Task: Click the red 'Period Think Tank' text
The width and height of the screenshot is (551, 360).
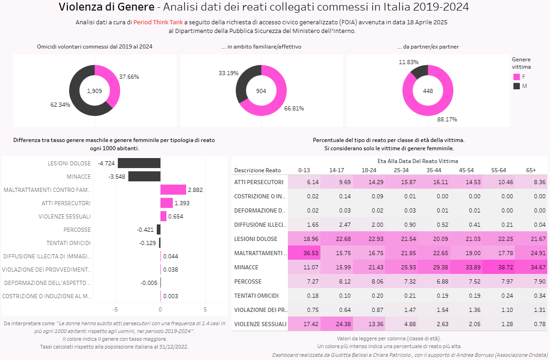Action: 158,22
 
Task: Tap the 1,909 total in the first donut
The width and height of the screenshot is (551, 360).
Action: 94,91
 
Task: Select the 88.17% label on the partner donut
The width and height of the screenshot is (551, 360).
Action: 447,120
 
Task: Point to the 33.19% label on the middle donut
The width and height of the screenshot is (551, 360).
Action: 229,73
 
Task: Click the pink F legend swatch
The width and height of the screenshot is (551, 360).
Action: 517,77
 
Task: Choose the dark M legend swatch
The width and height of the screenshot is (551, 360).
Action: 517,86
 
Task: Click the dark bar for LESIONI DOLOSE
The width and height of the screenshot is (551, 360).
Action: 139,163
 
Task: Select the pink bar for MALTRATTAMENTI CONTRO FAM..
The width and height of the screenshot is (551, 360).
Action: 173,190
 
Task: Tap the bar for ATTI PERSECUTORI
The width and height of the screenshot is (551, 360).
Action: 166,203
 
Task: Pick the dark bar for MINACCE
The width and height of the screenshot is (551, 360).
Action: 144,176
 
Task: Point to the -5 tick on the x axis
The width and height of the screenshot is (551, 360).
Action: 115,309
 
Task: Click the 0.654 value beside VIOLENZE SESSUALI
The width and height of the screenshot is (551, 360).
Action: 176,217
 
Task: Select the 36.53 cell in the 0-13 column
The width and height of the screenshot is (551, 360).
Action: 304,253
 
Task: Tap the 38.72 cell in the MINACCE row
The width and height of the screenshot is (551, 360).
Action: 499,267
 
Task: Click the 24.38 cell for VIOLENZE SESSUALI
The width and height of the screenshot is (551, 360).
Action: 336,324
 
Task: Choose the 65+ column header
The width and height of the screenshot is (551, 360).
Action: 531,170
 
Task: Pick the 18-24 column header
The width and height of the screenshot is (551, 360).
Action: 369,170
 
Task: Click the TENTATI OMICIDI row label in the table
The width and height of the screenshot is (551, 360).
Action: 256,295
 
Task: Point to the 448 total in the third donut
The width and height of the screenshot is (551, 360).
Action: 428,91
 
